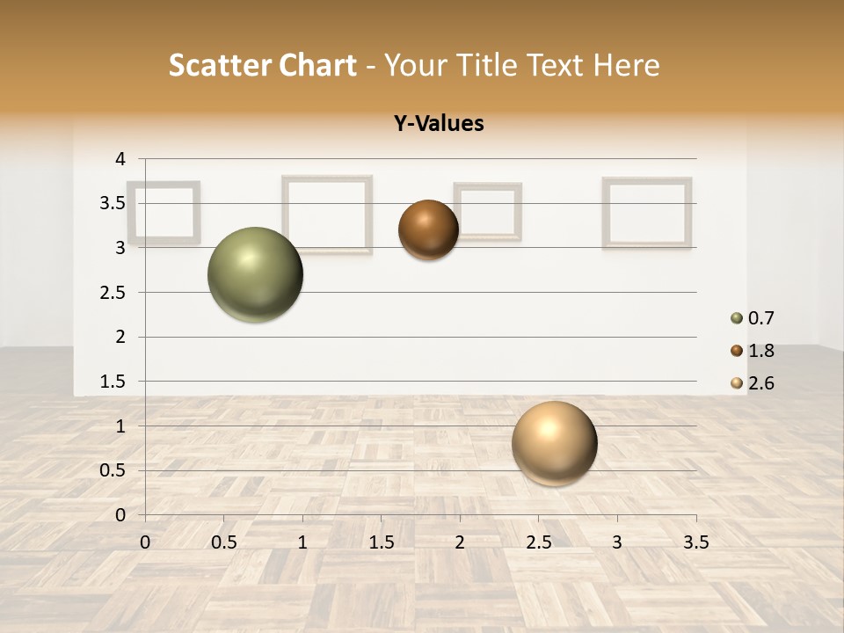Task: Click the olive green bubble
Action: [255, 274]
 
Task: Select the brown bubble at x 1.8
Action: [428, 230]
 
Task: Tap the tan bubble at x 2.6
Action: [554, 443]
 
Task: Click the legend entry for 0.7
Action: [753, 318]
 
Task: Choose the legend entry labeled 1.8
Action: [753, 351]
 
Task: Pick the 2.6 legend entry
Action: [753, 383]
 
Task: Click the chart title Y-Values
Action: [439, 124]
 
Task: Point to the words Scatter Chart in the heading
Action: [262, 65]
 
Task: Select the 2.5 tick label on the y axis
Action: [113, 293]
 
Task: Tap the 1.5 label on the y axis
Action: [113, 382]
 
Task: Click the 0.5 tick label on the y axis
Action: [113, 470]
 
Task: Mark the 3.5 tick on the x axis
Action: [695, 542]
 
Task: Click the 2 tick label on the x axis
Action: [460, 542]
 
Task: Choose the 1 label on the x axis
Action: [302, 542]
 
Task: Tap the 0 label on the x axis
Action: [145, 542]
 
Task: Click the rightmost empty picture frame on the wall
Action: [647, 213]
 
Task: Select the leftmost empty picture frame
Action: [164, 212]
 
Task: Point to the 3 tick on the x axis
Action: [617, 542]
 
